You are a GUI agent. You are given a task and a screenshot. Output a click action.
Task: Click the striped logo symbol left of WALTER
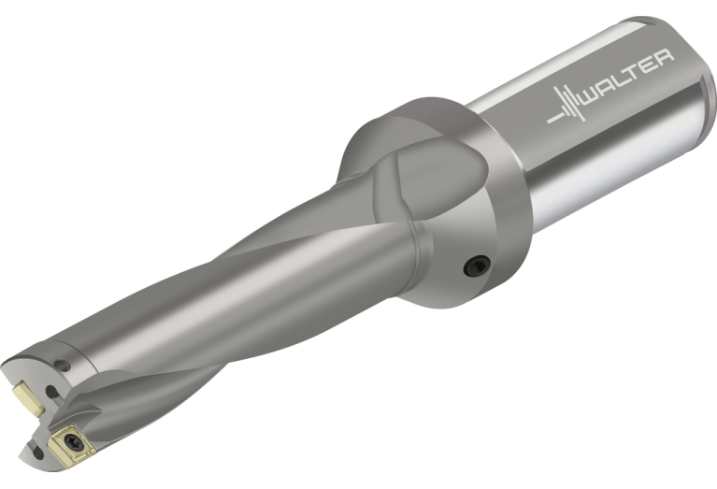tap(566, 105)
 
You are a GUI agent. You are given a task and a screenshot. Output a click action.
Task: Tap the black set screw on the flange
tap(477, 266)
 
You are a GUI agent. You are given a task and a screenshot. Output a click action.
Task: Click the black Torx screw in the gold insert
tap(73, 442)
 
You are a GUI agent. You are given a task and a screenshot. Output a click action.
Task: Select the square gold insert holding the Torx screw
tap(71, 443)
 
